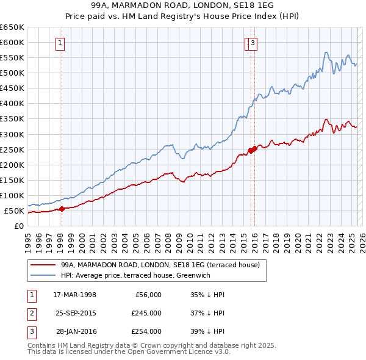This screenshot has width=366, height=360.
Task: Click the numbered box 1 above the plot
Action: point(61,43)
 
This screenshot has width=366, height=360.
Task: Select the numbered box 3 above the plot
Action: point(253,43)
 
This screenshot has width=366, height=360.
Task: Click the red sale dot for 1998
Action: point(62,209)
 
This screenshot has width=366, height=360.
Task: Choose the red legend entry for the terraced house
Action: point(160,265)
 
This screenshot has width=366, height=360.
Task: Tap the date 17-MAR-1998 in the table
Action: point(75,295)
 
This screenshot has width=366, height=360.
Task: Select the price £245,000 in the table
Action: point(146,313)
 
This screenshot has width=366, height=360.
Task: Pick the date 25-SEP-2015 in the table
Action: point(75,313)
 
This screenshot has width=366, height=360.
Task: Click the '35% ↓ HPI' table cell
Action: point(208,295)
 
